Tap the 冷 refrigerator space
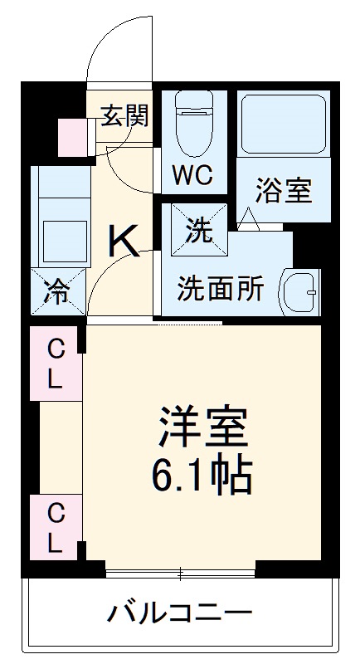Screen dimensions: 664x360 pyautogui.click(x=57, y=292)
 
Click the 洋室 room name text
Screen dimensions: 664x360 pyautogui.click(x=202, y=428)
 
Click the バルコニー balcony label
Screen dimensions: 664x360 pyautogui.click(x=179, y=615)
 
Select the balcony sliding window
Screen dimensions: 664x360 pyautogui.click(x=180, y=572)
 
